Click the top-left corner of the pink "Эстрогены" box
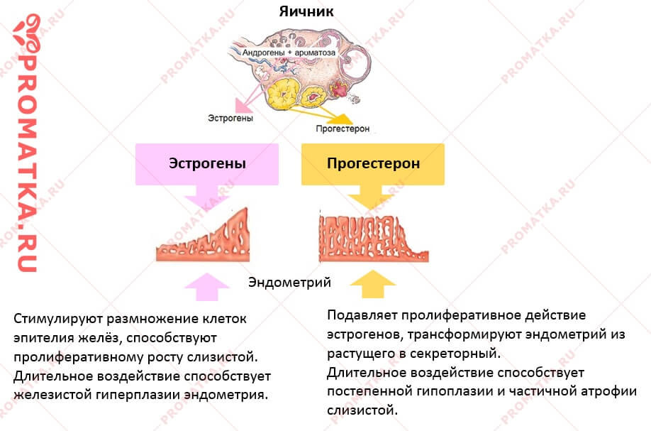(135, 144)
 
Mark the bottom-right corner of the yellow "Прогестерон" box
(444, 185)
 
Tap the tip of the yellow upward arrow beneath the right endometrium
(373, 271)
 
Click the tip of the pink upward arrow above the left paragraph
(207, 273)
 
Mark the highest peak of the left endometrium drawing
(247, 208)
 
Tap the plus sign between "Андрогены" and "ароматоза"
(290, 53)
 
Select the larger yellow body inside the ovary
(284, 94)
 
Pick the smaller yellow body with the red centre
(314, 96)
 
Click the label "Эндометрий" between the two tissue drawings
(290, 282)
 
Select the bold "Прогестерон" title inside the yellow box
(373, 163)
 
